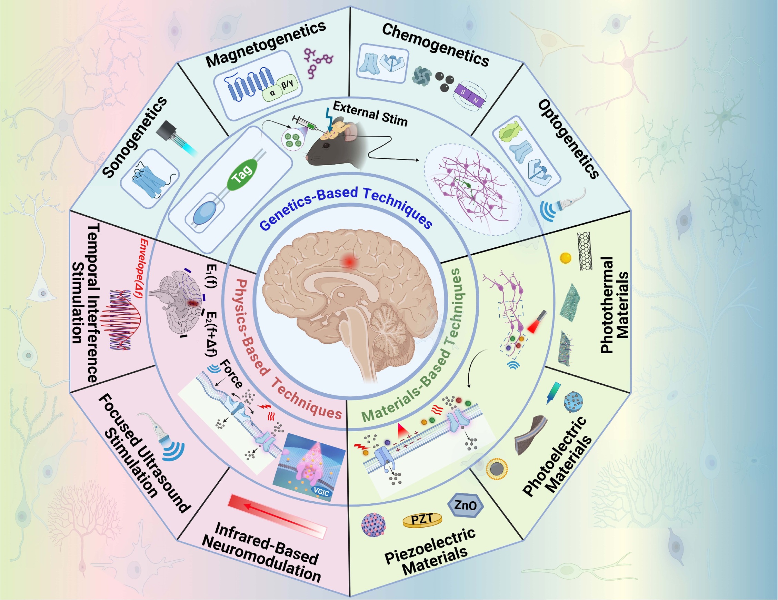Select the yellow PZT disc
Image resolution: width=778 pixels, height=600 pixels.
pyautogui.click(x=422, y=520)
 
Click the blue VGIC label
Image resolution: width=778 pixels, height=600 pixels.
pyautogui.click(x=321, y=492)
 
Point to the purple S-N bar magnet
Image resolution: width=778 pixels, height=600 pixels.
pyautogui.click(x=469, y=97)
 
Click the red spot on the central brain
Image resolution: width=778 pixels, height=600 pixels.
pyautogui.click(x=349, y=262)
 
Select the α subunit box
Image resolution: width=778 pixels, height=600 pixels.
pyautogui.click(x=272, y=94)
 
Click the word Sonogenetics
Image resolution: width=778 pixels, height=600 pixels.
pyautogui.click(x=134, y=137)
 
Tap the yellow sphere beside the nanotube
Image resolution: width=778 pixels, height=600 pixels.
pyautogui.click(x=565, y=258)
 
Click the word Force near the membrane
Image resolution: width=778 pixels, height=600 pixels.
pyautogui.click(x=231, y=374)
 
